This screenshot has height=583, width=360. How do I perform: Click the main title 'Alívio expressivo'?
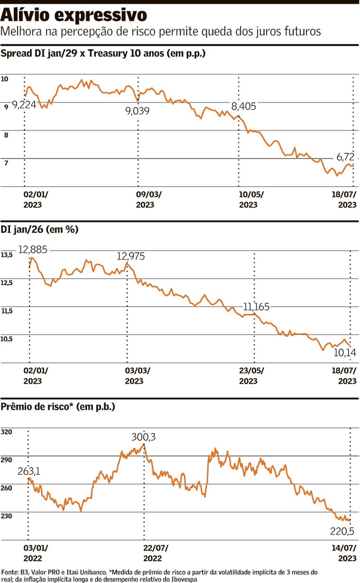74,15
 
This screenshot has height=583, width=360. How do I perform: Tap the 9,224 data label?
24,105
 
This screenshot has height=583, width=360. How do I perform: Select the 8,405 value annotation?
243,106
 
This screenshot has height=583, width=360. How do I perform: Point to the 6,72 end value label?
345,157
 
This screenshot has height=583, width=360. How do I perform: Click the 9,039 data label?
137,111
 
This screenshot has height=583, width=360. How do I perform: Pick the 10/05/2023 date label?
251,199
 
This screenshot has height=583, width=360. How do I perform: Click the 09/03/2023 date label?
148,199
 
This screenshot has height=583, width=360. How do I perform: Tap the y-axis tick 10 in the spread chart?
4,79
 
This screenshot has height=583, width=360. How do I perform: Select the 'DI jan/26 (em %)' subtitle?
40,229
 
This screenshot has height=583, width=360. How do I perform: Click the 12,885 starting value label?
32,250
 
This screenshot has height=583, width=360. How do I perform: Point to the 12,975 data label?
130,256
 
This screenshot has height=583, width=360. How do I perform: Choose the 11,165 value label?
256,307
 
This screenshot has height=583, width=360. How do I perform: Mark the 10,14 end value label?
344,353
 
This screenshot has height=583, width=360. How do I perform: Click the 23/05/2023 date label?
251,376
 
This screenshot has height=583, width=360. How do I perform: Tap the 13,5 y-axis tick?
6,255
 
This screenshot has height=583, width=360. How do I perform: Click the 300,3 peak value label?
143,437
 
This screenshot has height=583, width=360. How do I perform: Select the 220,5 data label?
342,531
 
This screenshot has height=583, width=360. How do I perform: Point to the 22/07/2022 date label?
155,553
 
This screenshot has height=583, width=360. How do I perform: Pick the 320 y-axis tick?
6,432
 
